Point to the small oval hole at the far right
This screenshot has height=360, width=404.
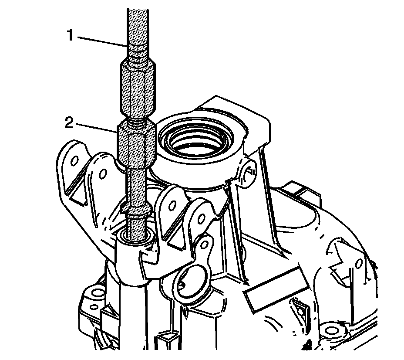pos(359,264)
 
